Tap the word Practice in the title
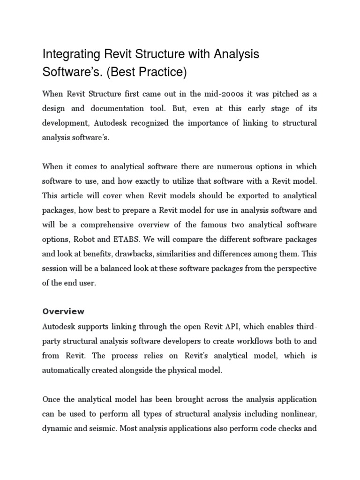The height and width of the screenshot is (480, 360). [162, 72]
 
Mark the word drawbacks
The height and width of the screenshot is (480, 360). [129, 254]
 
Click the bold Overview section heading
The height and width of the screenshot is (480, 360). [63, 312]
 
